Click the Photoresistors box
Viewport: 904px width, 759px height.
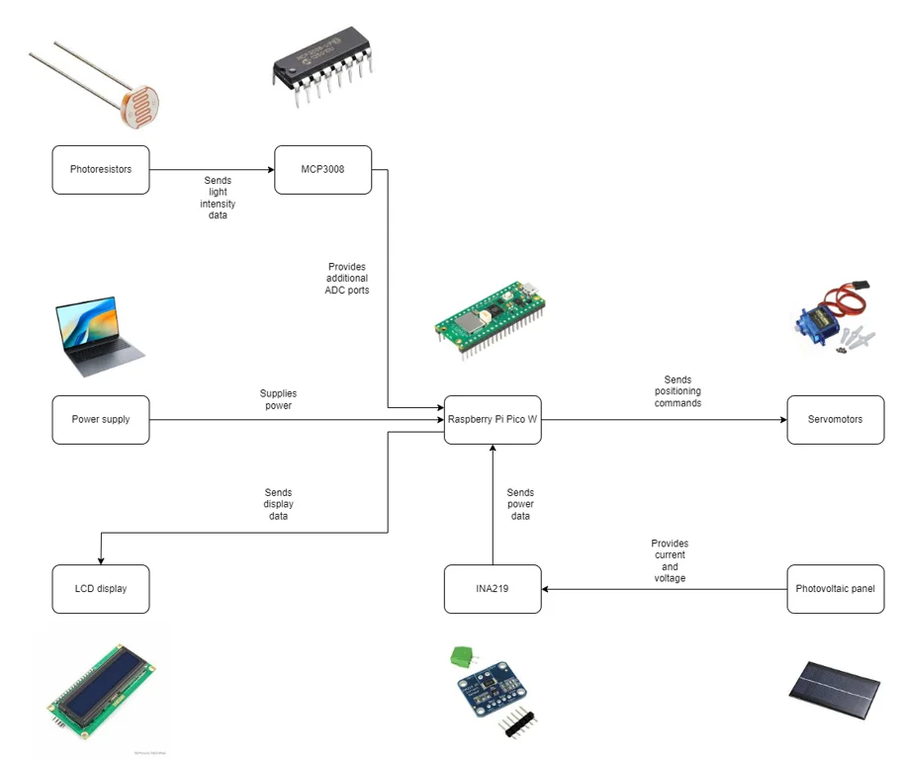coord(101,170)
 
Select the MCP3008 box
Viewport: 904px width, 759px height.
coord(322,170)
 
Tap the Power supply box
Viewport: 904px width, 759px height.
coord(101,419)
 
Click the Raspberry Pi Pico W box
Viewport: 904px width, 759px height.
coord(493,419)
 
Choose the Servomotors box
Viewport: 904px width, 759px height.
coord(835,419)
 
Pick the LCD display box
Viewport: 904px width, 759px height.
coord(101,589)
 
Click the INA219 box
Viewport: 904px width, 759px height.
coord(493,589)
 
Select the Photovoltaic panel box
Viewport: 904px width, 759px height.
coord(835,589)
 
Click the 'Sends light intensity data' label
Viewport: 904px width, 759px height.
coord(219,198)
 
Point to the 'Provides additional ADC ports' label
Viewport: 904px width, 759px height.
coord(347,279)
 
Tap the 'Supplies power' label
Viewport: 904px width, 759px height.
coord(277,399)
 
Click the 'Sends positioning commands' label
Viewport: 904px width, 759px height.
coord(678,391)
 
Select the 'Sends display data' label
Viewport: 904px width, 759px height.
coord(278,504)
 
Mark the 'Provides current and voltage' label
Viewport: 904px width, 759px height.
coord(670,560)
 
